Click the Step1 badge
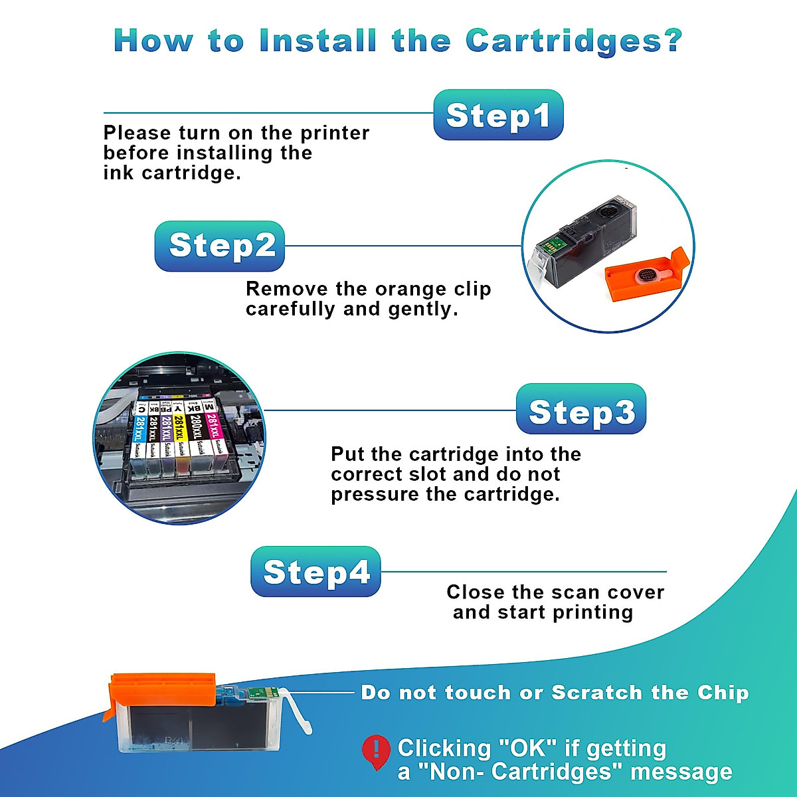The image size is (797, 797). click(x=498, y=116)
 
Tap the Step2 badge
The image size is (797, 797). click(x=221, y=246)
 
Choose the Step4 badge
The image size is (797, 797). click(x=315, y=572)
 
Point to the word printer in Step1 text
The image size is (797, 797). click(x=335, y=133)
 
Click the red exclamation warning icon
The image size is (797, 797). click(x=376, y=751)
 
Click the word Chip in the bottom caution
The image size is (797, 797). click(x=723, y=693)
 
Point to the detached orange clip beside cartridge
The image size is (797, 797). click(x=646, y=276)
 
